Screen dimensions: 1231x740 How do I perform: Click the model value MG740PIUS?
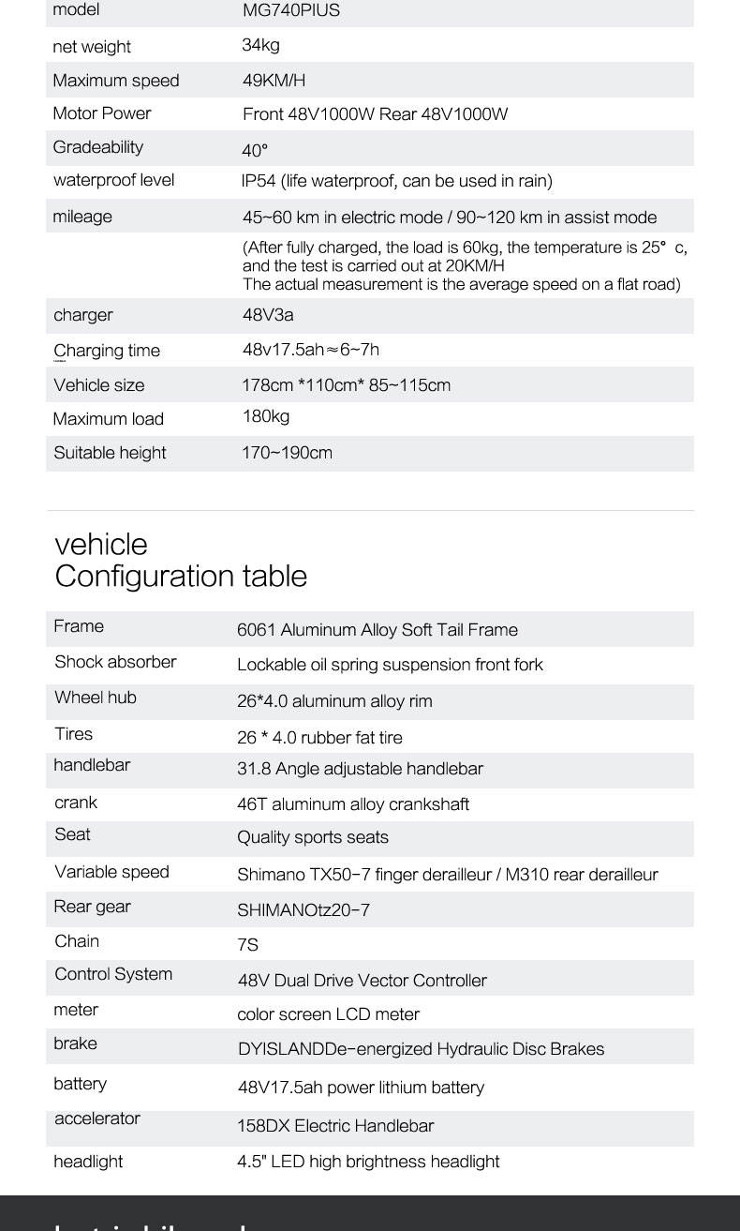pyautogui.click(x=290, y=10)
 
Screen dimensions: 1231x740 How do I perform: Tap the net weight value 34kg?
pyautogui.click(x=260, y=45)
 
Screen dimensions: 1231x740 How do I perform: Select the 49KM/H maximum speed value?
pyautogui.click(x=274, y=81)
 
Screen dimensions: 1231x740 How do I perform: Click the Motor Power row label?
pyautogui.click(x=102, y=113)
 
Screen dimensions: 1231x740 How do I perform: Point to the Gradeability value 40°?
pyautogui.click(x=255, y=150)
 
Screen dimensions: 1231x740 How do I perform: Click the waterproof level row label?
pyautogui.click(x=113, y=180)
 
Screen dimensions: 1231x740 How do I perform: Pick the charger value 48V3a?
pyautogui.click(x=268, y=315)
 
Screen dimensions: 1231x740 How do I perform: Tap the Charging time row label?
pyautogui.click(x=107, y=351)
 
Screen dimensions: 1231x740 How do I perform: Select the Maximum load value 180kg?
pyautogui.click(x=266, y=416)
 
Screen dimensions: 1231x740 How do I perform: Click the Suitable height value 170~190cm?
pyautogui.click(x=287, y=453)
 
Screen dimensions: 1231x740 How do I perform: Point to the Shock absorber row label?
pyautogui.click(x=115, y=662)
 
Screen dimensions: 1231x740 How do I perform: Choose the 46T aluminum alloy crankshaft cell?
pyautogui.click(x=353, y=804)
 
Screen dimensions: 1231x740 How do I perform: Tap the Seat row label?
pyautogui.click(x=72, y=834)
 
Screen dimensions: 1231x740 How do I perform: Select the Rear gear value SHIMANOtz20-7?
pyautogui.click(x=303, y=910)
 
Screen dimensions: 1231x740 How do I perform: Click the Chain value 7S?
pyautogui.click(x=247, y=945)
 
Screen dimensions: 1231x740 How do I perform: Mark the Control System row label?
pyautogui.click(x=113, y=974)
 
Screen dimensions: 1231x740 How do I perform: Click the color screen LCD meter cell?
pyautogui.click(x=328, y=1014)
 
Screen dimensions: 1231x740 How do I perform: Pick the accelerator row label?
pyautogui.click(x=97, y=1118)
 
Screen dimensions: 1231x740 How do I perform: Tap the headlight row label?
pyautogui.click(x=88, y=1162)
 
